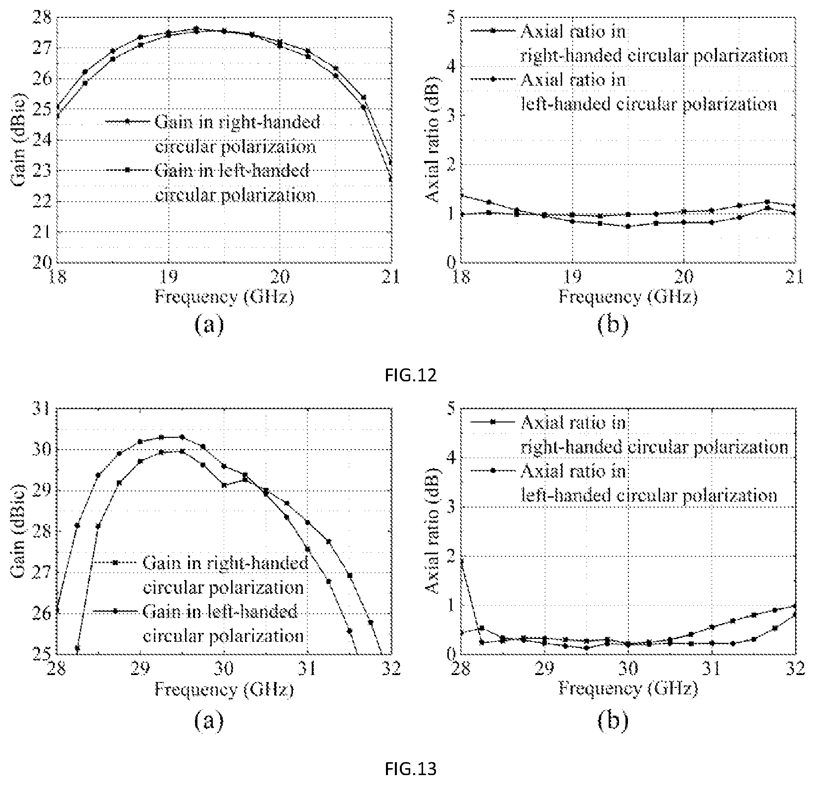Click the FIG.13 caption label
411,769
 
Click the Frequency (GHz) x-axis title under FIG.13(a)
224,689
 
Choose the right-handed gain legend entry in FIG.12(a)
213,134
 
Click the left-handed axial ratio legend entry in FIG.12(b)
623,92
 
